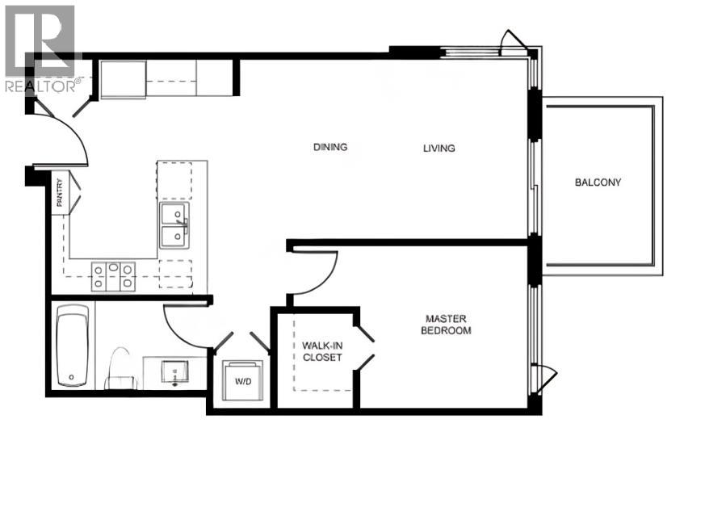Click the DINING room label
click(330, 147)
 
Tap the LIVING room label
click(439, 148)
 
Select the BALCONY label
click(598, 182)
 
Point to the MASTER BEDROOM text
click(448, 325)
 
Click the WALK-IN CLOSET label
click(322, 351)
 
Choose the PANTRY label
click(59, 194)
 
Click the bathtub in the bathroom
click(73, 346)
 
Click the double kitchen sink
click(174, 224)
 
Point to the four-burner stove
click(114, 276)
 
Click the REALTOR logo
click(40, 48)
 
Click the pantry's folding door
click(75, 195)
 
